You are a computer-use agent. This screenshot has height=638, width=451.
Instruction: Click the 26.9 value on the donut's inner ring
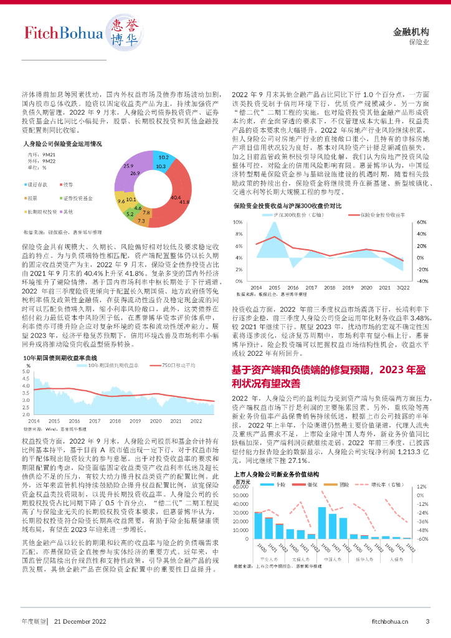click(x=135, y=173)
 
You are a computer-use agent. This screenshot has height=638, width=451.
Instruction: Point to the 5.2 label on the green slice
click(x=130, y=214)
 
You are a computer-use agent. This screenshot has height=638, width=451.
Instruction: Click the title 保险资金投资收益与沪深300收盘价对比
click(x=287, y=205)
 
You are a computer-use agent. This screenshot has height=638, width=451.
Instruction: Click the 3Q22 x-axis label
click(x=403, y=287)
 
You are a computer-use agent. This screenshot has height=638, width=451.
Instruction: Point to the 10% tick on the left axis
click(x=237, y=222)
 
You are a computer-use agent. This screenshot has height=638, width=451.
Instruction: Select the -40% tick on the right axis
click(x=421, y=281)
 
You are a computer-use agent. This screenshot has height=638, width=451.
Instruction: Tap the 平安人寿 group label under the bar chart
click(x=270, y=559)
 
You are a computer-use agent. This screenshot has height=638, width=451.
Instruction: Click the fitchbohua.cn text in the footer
click(x=390, y=621)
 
